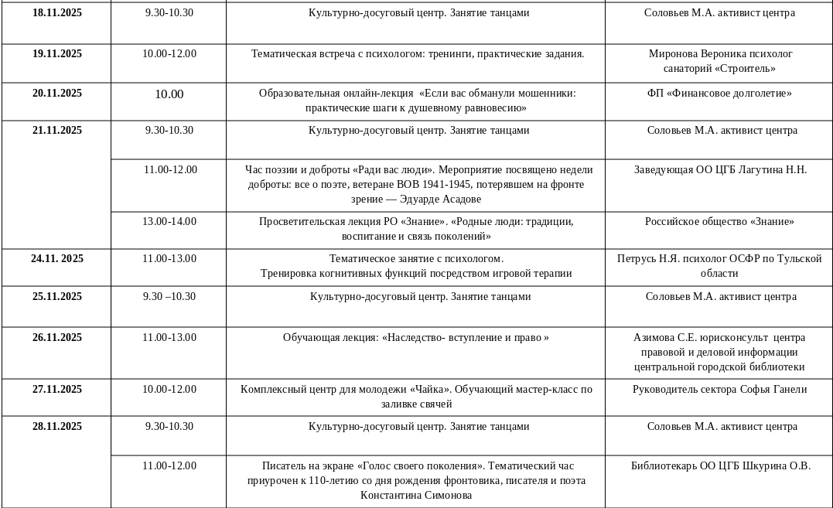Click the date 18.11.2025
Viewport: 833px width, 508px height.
(56, 13)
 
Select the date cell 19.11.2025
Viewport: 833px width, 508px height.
(56, 54)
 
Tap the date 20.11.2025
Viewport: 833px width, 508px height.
(56, 94)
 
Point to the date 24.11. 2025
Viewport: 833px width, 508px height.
(56, 259)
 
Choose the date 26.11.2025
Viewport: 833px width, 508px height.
(56, 338)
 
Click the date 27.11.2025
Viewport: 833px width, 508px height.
(56, 390)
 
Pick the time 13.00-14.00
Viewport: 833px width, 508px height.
(169, 222)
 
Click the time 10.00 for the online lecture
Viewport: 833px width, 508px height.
(169, 94)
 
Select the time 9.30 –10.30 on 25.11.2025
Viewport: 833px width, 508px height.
(169, 297)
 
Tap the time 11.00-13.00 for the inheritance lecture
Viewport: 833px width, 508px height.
(169, 338)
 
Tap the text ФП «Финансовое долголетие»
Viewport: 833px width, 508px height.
(719, 94)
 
